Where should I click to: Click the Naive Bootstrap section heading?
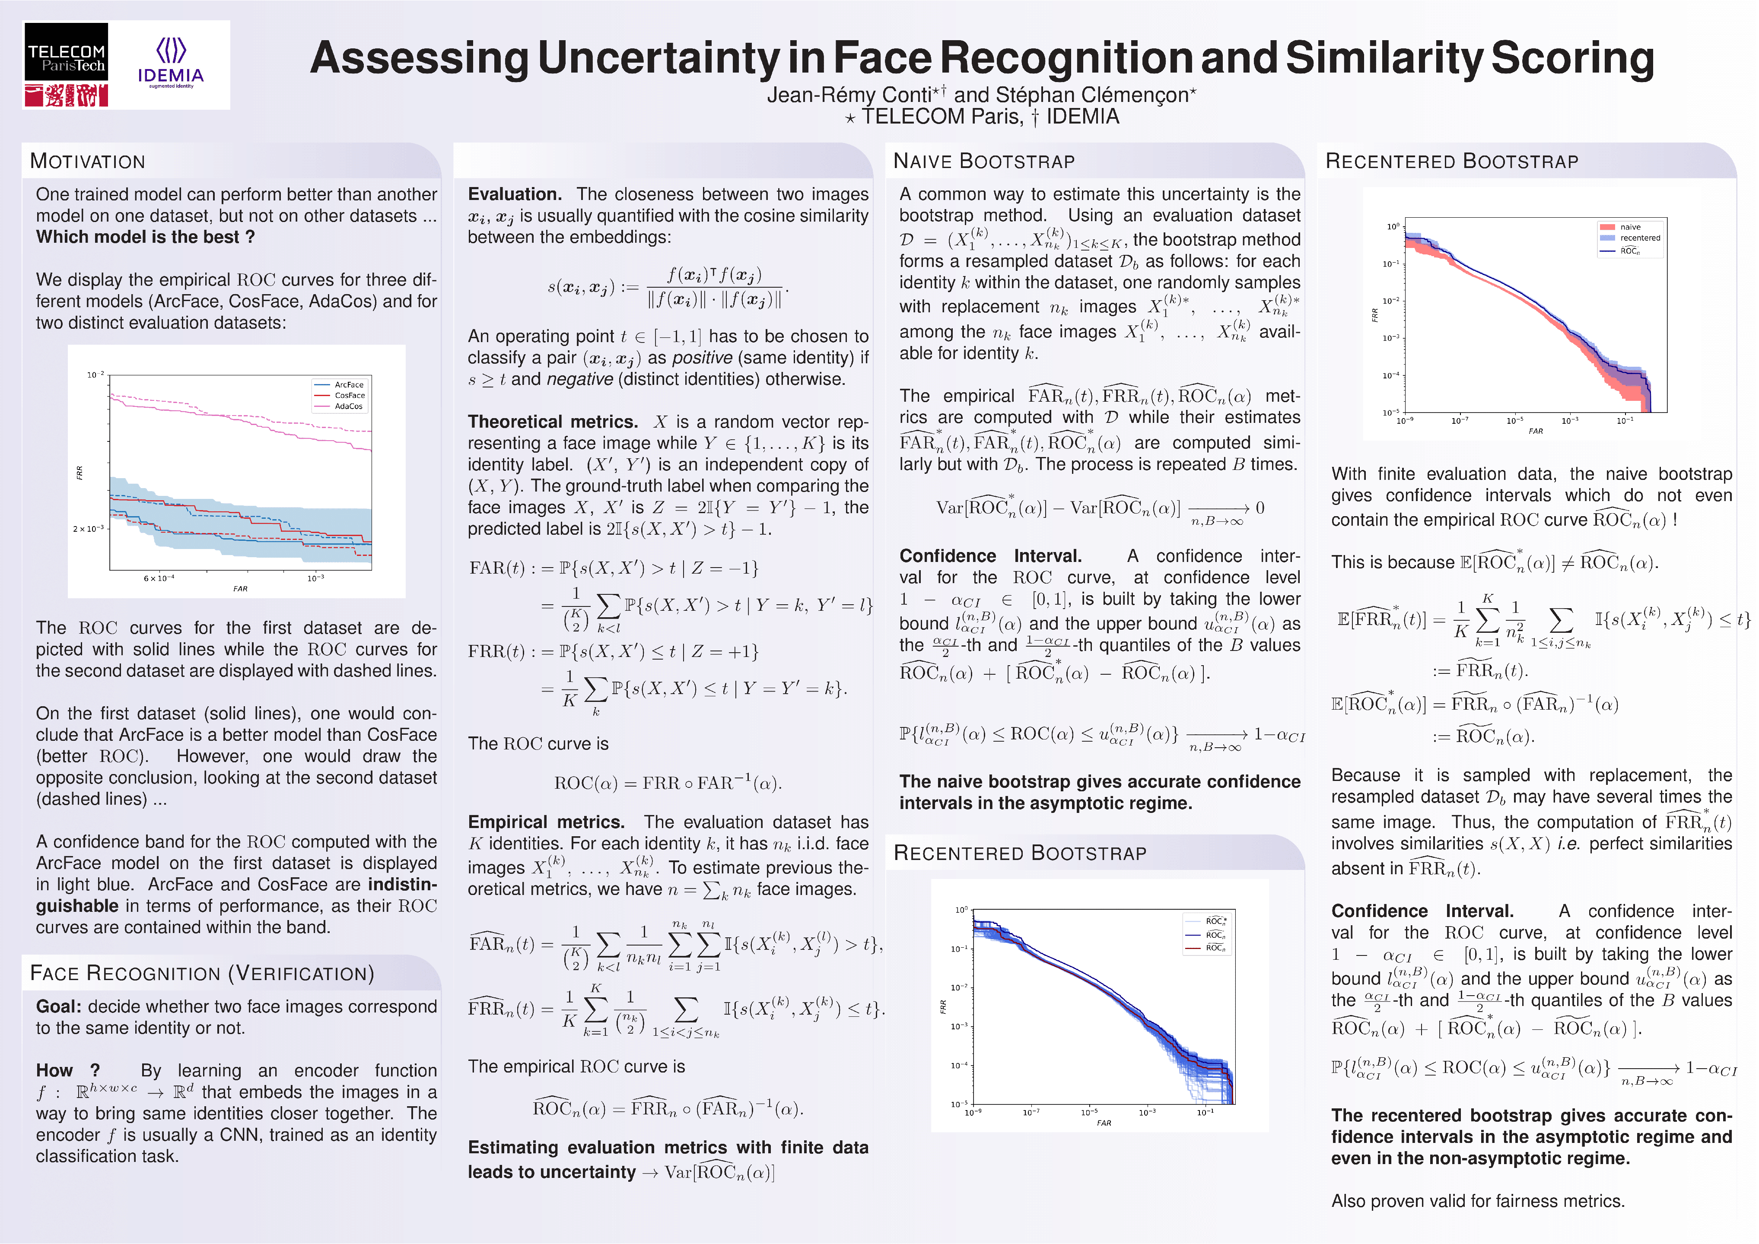pyautogui.click(x=984, y=162)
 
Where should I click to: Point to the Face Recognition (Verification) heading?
pyautogui.click(x=201, y=974)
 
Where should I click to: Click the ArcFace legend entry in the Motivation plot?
pyautogui.click(x=349, y=384)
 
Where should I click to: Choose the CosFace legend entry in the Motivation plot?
pyautogui.click(x=350, y=395)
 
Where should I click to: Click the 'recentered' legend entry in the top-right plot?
pyautogui.click(x=1639, y=238)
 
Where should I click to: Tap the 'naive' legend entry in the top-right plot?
pyautogui.click(x=1629, y=227)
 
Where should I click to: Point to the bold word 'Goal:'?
pyautogui.click(x=58, y=1006)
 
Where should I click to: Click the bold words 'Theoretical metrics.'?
pyautogui.click(x=552, y=422)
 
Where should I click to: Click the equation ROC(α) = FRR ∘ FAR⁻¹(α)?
pyautogui.click(x=667, y=783)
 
